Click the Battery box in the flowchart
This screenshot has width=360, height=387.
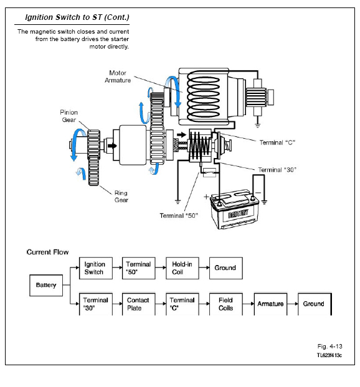tap(46, 286)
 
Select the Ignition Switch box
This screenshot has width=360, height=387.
tap(96, 268)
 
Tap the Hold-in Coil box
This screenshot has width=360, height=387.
tap(182, 268)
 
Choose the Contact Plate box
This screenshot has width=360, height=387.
tap(139, 304)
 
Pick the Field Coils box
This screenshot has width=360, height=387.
tap(226, 304)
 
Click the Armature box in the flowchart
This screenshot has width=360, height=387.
tap(270, 304)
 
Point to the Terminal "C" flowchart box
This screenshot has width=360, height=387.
tap(182, 304)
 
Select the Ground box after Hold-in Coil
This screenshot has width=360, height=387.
tap(226, 268)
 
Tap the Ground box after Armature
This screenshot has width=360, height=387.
tap(315, 304)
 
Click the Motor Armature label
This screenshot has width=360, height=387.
tap(118, 77)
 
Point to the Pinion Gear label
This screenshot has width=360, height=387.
tap(69, 116)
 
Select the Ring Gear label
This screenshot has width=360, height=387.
tap(121, 197)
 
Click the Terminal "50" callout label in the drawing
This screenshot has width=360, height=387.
tap(179, 216)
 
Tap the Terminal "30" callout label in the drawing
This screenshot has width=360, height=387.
tap(277, 170)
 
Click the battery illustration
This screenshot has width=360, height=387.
tap(234, 209)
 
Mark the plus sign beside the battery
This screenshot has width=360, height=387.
tap(206, 197)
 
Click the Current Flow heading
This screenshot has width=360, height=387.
tap(47, 252)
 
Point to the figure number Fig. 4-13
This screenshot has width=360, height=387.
tap(330, 347)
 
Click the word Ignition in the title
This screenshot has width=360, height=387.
tap(39, 17)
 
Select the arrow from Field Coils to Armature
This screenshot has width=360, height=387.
tap(249, 304)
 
